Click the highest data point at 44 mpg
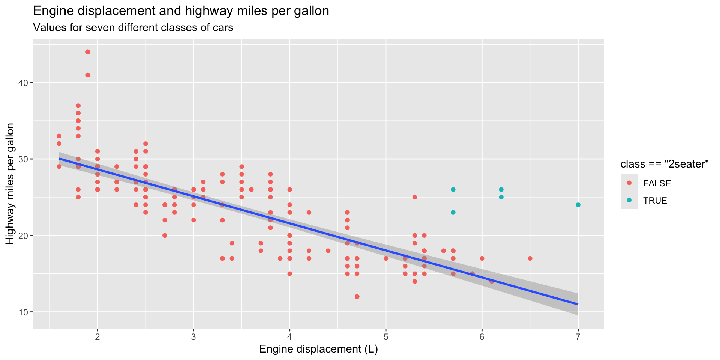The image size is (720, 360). (88, 52)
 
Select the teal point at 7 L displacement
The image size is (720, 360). (578, 205)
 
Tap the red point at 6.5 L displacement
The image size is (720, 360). (530, 258)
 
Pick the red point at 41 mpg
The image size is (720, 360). (88, 75)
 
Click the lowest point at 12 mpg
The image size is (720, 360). (357, 297)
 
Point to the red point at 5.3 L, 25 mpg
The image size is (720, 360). (414, 197)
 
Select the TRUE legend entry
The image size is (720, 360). (655, 201)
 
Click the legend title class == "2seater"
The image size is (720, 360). (664, 164)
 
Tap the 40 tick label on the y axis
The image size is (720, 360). (24, 83)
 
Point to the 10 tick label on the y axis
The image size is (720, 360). (24, 312)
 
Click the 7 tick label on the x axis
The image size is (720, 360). (578, 336)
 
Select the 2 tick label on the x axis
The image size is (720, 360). (97, 336)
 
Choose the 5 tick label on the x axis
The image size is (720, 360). (385, 336)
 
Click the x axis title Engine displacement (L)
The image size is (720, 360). (318, 349)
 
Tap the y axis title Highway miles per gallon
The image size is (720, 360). (10, 184)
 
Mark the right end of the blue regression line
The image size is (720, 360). (578, 304)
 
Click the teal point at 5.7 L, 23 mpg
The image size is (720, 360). (453, 213)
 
